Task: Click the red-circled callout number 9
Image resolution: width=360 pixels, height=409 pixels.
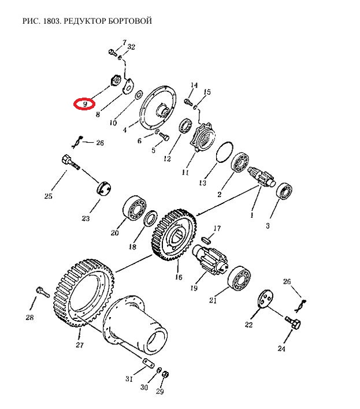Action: [x=85, y=105]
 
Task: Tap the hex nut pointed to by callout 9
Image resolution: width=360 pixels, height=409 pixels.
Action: [x=115, y=80]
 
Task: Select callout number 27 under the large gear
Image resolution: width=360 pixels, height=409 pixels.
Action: [x=80, y=345]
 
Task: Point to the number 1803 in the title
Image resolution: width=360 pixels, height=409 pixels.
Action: [x=51, y=21]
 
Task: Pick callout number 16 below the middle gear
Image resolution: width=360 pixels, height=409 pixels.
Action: [x=179, y=277]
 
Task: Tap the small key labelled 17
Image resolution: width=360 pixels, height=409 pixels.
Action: [x=206, y=240]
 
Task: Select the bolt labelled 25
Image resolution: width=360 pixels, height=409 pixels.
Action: [x=70, y=162]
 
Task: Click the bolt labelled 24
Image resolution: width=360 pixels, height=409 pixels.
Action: [x=293, y=323]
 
